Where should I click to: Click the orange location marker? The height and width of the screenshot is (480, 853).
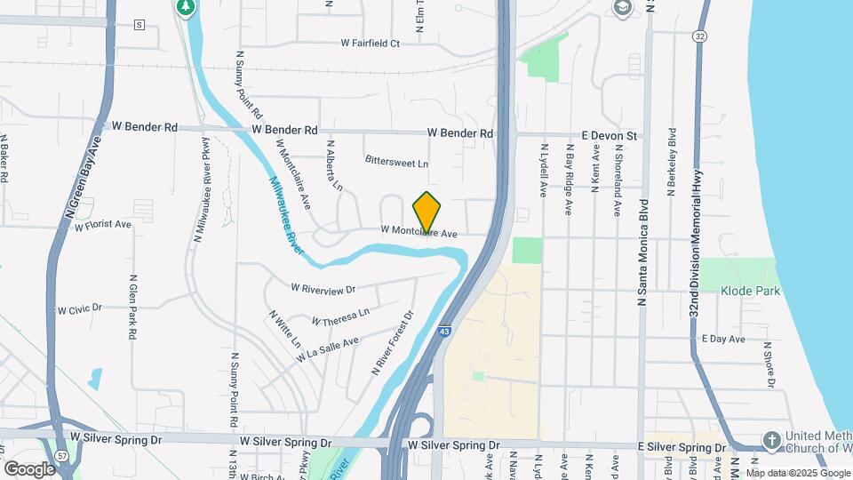427,212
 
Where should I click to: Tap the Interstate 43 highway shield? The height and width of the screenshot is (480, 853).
443,331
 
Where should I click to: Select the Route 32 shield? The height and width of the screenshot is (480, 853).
701,36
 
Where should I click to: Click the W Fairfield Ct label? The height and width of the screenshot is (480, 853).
371,43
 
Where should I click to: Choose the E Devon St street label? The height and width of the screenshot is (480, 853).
610,135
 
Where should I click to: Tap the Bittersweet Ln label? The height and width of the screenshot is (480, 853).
396,164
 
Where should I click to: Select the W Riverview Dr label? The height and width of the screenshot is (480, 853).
323,289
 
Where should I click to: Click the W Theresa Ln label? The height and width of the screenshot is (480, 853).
340,316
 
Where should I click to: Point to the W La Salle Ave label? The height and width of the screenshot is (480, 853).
328,348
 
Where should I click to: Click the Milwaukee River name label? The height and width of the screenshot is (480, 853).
288,214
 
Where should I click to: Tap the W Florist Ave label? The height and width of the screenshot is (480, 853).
103,226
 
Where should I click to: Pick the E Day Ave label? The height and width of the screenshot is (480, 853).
722,340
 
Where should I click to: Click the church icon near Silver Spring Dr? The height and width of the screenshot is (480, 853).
771,440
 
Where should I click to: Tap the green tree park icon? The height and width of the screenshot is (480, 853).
185,9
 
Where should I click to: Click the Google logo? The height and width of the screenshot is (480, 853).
29,468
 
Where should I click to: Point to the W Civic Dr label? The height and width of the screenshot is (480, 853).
80,309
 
